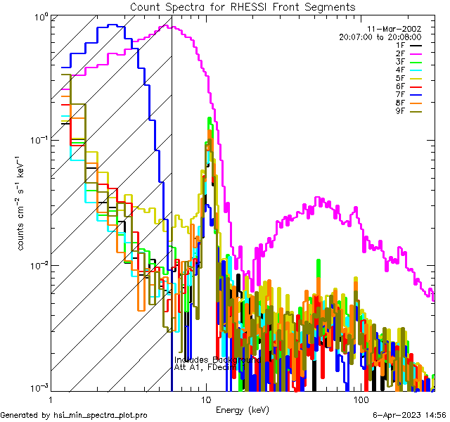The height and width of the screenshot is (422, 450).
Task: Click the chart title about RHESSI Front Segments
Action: click(243, 7)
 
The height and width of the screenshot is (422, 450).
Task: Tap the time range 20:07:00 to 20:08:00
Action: click(380, 37)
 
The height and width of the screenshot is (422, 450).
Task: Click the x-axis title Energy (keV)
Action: click(242, 409)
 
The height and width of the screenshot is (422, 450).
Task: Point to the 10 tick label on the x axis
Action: click(205, 399)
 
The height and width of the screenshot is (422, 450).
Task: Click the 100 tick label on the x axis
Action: click(361, 399)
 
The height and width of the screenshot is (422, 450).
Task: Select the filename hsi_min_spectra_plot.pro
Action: click(101, 416)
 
